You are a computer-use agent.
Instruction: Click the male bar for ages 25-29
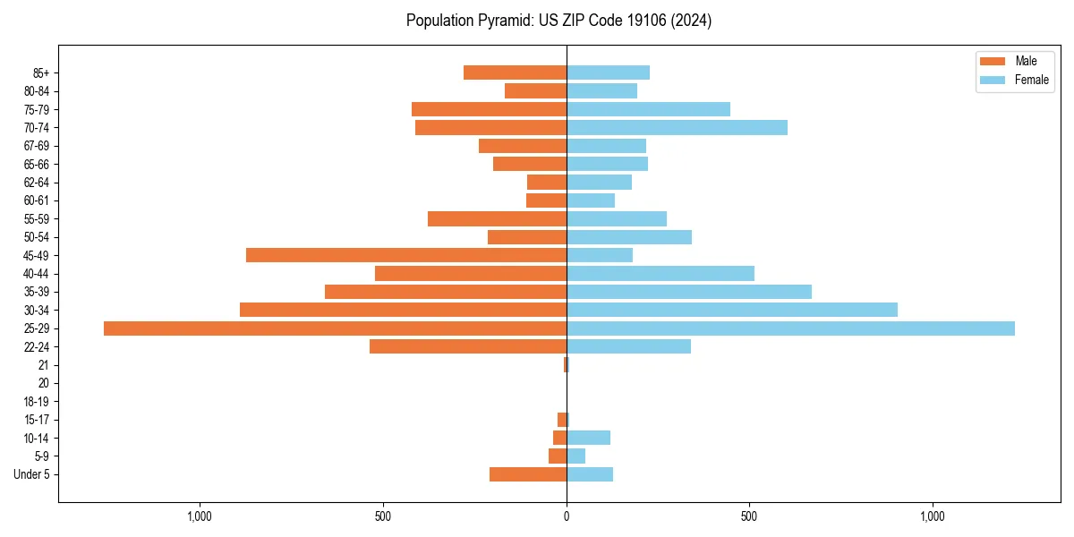pos(335,328)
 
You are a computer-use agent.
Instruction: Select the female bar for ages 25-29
pos(790,328)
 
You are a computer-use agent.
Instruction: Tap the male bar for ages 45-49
pos(406,255)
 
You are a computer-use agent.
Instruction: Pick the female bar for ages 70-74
pos(677,127)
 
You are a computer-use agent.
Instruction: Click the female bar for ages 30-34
pos(732,310)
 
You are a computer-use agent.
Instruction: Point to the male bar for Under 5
pos(528,474)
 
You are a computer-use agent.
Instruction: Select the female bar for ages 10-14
pos(588,438)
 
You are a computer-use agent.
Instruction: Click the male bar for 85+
pos(515,72)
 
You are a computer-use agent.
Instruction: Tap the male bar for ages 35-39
pos(446,292)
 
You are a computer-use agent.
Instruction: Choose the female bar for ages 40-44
pos(661,273)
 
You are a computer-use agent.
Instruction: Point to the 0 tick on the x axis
pos(567,516)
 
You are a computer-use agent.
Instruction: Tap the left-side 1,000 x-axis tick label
pos(200,516)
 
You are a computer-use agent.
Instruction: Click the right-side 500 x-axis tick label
pos(749,516)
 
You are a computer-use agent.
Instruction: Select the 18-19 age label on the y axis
pos(37,401)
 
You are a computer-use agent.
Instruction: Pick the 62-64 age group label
pos(37,182)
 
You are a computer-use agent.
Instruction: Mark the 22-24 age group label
pos(37,346)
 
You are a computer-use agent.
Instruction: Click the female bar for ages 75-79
pos(648,109)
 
